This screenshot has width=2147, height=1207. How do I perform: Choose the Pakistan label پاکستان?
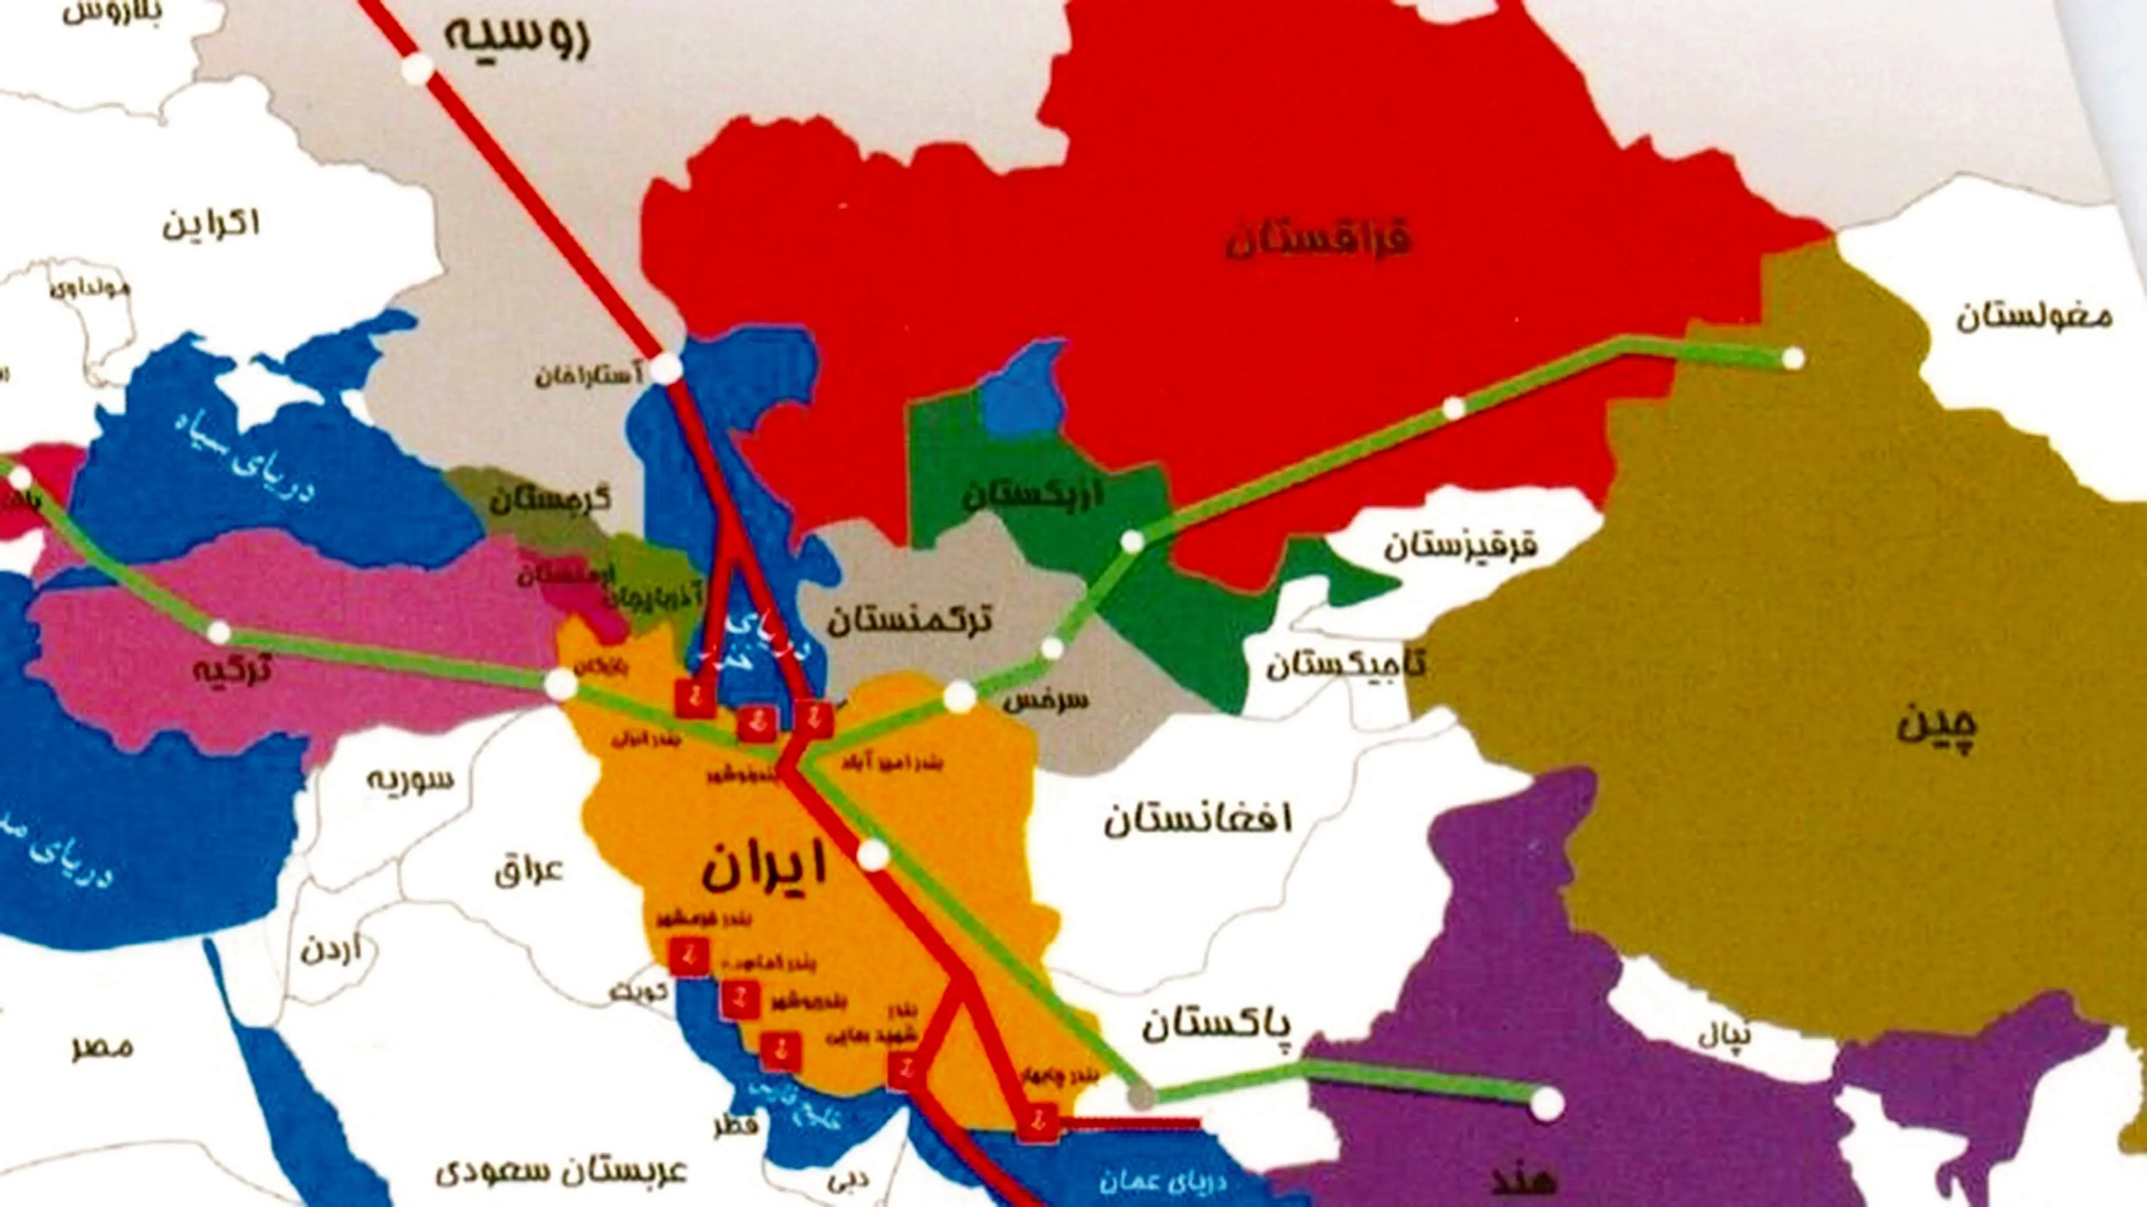click(x=1216, y=1025)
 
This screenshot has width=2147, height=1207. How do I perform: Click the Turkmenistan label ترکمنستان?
click(x=909, y=619)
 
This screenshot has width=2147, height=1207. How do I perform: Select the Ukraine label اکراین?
click(x=211, y=223)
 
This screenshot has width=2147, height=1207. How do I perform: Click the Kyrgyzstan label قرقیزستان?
click(x=1461, y=546)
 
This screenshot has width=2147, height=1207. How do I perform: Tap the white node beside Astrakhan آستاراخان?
click(x=665, y=368)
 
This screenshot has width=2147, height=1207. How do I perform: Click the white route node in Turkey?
click(x=219, y=632)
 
